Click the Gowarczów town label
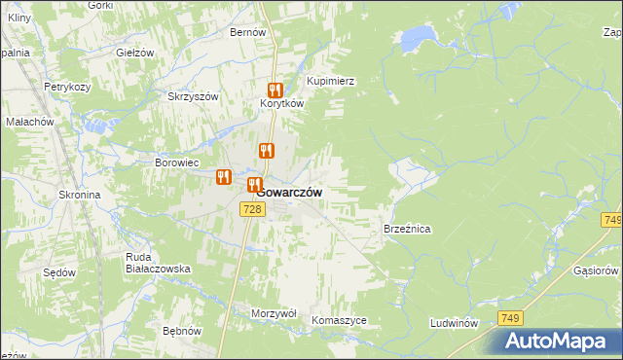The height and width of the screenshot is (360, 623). (290, 193)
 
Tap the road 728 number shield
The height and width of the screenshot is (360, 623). (251, 210)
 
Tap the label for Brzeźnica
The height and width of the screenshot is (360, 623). (407, 229)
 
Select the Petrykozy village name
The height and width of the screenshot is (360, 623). (67, 87)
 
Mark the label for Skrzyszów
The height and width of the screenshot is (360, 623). (193, 96)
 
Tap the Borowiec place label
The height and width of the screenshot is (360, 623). (177, 162)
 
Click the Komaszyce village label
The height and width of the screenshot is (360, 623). (339, 320)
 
